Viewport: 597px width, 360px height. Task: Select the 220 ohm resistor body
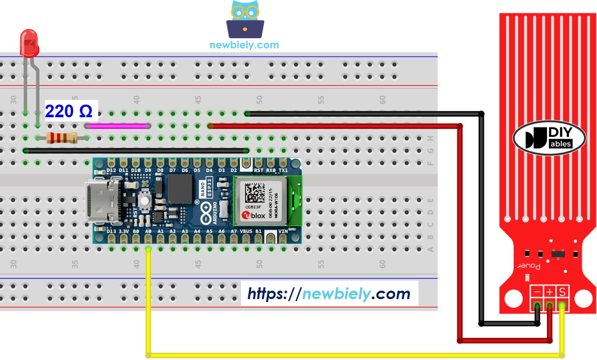61,138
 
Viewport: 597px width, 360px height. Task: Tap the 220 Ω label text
69,111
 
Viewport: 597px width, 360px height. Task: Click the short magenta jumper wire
118,126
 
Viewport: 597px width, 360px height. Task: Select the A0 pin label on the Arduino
148,231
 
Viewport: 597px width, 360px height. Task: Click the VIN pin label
283,231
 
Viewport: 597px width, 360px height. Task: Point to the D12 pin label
111,171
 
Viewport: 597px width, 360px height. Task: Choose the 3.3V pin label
123,231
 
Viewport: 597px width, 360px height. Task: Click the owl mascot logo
245,19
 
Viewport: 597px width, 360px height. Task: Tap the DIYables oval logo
549,138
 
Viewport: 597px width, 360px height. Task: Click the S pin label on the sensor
562,292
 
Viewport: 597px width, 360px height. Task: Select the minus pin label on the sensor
537,292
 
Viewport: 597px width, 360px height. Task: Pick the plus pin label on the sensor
549,292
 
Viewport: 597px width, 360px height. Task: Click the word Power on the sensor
529,265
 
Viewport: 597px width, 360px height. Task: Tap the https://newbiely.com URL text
329,293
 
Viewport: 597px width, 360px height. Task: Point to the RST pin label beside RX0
259,171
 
